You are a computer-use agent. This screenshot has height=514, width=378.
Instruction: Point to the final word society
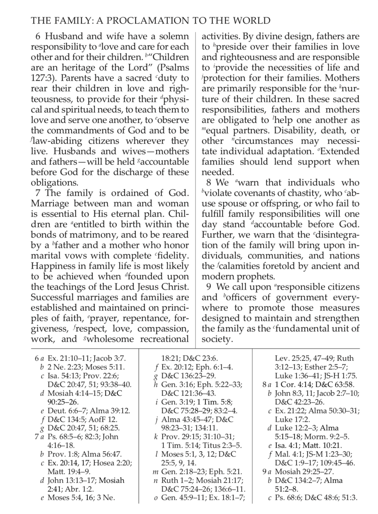click(217, 339)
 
